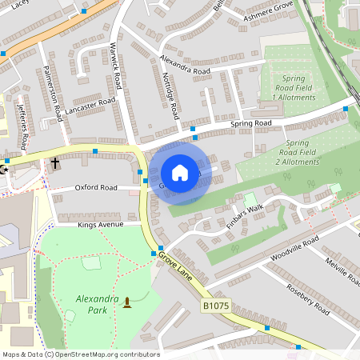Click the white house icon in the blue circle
pyautogui.click(x=180, y=173)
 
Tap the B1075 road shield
pyautogui.click(x=215, y=306)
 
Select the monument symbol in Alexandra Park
pyautogui.click(x=126, y=302)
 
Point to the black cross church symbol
pyautogui.click(x=55, y=163)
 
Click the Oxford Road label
pyautogui.click(x=96, y=187)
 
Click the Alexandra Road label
pyautogui.click(x=184, y=65)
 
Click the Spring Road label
pyautogui.click(x=251, y=123)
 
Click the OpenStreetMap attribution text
pyautogui.click(x=80, y=354)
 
